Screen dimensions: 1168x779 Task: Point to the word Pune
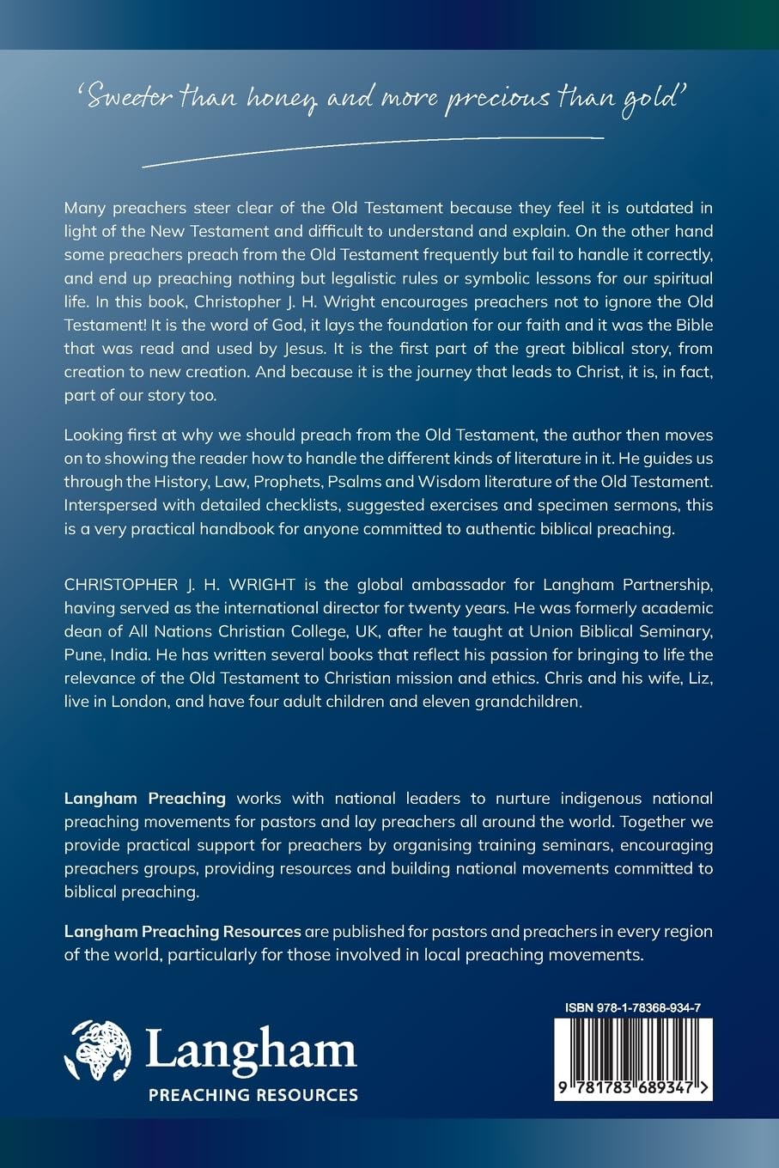pos(83,654)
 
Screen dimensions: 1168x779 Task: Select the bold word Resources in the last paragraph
pos(262,931)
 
